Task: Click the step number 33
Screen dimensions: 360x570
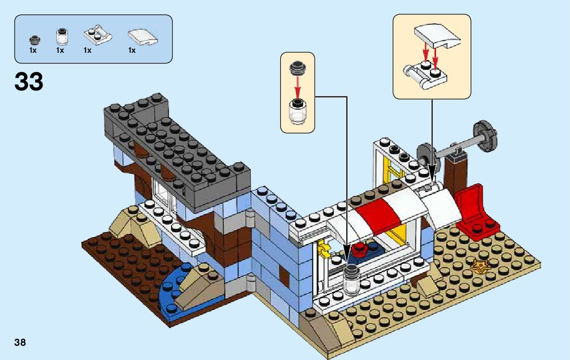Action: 29,81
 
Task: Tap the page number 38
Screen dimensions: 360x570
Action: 20,342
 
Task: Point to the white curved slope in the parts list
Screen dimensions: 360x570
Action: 143,37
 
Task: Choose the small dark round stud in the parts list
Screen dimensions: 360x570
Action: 34,39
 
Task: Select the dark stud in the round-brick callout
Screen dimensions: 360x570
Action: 297,69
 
